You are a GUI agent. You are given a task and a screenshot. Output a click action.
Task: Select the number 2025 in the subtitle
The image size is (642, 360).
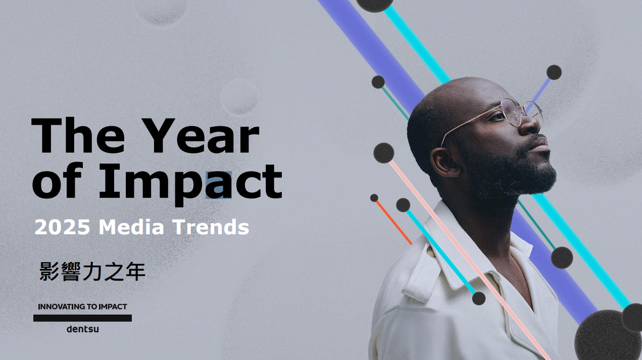(x=62, y=227)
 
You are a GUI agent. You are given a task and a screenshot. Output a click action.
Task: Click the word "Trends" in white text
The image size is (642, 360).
(x=211, y=227)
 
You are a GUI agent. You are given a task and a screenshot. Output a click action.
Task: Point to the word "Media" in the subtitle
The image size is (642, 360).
(x=131, y=227)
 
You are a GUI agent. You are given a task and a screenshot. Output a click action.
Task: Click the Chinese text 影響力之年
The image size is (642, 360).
(x=92, y=271)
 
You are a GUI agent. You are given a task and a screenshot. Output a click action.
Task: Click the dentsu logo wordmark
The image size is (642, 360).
(x=82, y=329)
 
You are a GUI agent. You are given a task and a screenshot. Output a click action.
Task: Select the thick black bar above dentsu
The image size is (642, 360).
(x=82, y=318)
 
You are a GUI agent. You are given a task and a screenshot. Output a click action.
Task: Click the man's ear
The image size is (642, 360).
(x=445, y=162)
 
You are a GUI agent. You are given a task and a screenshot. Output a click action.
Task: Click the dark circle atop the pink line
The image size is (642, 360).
(x=384, y=153)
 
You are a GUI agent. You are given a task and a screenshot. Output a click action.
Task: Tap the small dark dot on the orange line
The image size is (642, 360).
(x=374, y=198)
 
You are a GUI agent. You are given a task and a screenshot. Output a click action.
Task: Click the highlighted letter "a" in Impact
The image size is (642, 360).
(x=218, y=185)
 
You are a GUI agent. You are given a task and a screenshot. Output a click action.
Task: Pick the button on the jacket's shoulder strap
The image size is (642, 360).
(x=430, y=251)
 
